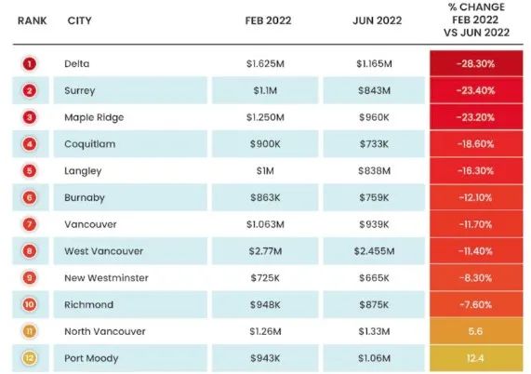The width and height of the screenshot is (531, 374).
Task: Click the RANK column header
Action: point(33,20)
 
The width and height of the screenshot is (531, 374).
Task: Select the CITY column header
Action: point(80,20)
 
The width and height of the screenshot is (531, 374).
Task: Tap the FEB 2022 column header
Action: point(268,20)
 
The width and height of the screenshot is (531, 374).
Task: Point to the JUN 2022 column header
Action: point(378,20)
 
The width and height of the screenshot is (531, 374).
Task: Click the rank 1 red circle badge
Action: point(30,63)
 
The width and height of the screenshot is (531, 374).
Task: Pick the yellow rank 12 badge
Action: point(30,358)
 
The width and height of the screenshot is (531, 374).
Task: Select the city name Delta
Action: point(77,63)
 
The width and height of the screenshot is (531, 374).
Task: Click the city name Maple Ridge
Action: point(94,117)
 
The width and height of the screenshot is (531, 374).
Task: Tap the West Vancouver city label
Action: point(103,251)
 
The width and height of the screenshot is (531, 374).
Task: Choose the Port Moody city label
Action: point(91,358)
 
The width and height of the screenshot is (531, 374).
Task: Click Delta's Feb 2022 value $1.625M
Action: point(265,63)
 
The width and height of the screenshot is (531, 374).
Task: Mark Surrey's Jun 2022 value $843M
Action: point(374,90)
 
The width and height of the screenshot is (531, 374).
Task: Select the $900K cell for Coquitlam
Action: point(265,144)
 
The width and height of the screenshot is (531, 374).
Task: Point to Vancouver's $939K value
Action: point(374,224)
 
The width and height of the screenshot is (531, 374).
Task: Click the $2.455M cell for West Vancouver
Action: point(374,251)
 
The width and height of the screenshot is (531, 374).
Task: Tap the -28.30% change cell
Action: point(476,63)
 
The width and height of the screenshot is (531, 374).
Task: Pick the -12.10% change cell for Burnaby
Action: point(476,197)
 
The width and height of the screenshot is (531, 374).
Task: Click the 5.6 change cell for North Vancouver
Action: point(476,331)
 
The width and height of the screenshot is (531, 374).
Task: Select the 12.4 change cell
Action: point(476,358)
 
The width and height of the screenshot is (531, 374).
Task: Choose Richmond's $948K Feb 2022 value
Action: point(265,304)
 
